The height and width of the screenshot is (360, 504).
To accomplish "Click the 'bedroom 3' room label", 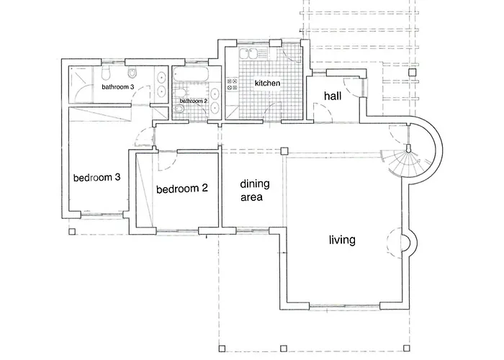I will point(96,177).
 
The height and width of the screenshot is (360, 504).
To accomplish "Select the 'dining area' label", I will point(251,190).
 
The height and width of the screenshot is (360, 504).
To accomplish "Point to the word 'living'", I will point(342,240).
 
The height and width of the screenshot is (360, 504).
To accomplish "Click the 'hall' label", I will point(332,96).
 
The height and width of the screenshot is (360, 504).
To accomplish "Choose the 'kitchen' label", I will point(267,84).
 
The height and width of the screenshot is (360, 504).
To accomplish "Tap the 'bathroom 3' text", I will point(117,87).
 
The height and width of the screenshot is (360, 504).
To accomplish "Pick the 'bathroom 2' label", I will point(193,101).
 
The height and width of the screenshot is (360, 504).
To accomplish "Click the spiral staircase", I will point(407,155).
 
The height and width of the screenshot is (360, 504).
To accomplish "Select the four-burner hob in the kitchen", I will point(233,84).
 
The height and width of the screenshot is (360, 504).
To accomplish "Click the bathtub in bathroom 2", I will point(191,76).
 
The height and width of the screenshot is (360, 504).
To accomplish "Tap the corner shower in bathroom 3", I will point(81,86).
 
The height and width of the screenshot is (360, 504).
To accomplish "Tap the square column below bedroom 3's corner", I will point(72,231).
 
